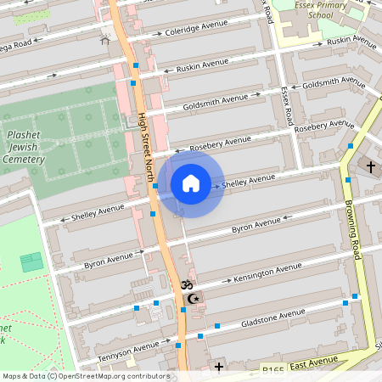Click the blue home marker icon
[191, 183]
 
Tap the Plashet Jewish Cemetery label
[24, 147]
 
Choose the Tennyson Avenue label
[128, 350]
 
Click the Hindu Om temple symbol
[188, 287]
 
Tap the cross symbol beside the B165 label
[219, 367]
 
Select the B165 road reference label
[272, 370]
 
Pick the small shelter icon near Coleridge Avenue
[105, 40]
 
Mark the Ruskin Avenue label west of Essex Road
[198, 65]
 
